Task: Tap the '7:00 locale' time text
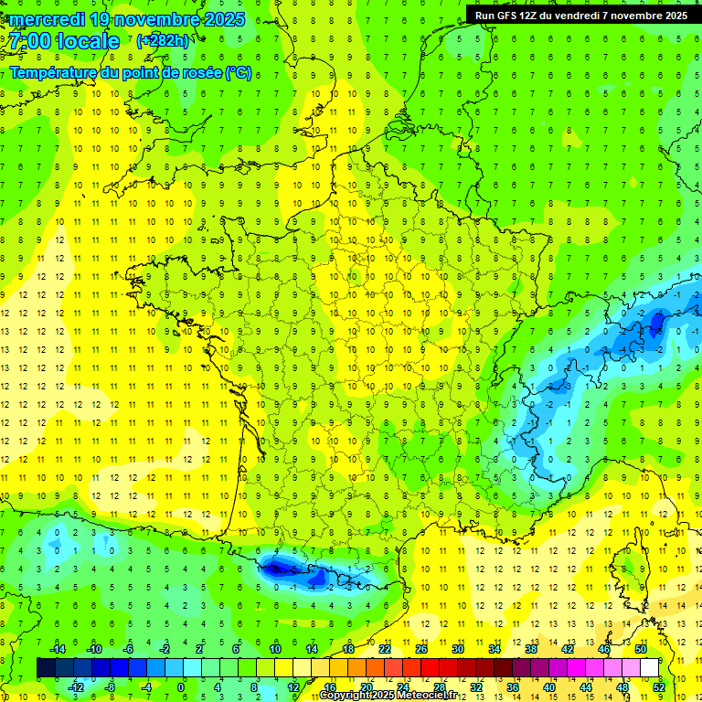[65, 41]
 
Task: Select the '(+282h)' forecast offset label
[163, 41]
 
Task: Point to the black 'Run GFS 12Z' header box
[581, 15]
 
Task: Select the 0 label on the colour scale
[180, 686]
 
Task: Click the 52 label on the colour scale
[659, 686]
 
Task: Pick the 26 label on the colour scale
[421, 648]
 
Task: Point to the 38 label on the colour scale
[530, 648]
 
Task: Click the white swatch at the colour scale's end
[649, 667]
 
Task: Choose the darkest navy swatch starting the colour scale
[46, 667]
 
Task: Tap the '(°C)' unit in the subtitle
[239, 73]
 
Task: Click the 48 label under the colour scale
[622, 686]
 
